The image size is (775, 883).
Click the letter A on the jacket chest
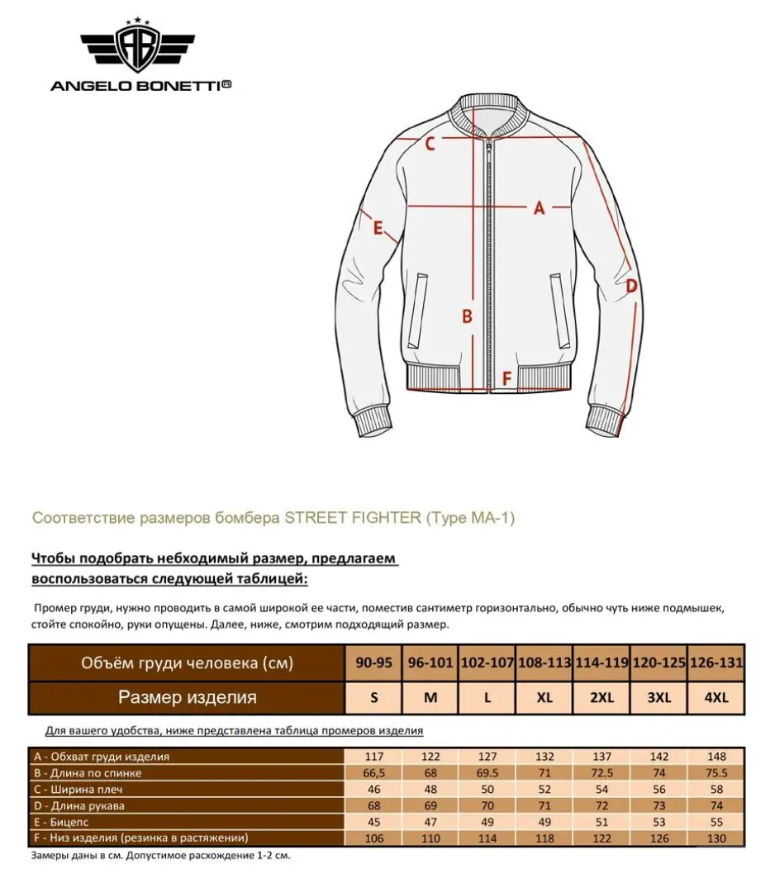tap(540, 208)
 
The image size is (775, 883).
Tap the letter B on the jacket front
tap(467, 316)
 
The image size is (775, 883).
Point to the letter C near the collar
tap(430, 145)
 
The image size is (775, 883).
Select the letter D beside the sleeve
tap(630, 287)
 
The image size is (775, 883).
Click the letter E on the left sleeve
tap(378, 228)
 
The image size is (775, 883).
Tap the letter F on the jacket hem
tap(507, 378)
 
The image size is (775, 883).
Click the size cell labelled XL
tap(544, 697)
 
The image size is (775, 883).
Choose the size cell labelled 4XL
tap(716, 697)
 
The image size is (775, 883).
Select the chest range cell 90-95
tap(373, 662)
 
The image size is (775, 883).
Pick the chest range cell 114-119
tap(601, 662)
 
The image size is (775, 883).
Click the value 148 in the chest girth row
tap(716, 757)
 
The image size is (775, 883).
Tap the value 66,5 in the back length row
tap(373, 773)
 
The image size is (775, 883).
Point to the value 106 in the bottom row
tap(373, 838)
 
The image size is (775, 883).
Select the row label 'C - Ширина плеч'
tap(81, 790)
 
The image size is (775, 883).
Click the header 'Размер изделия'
tap(187, 697)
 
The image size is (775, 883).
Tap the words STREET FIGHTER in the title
tap(353, 518)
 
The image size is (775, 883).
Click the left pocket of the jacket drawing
tap(418, 311)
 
